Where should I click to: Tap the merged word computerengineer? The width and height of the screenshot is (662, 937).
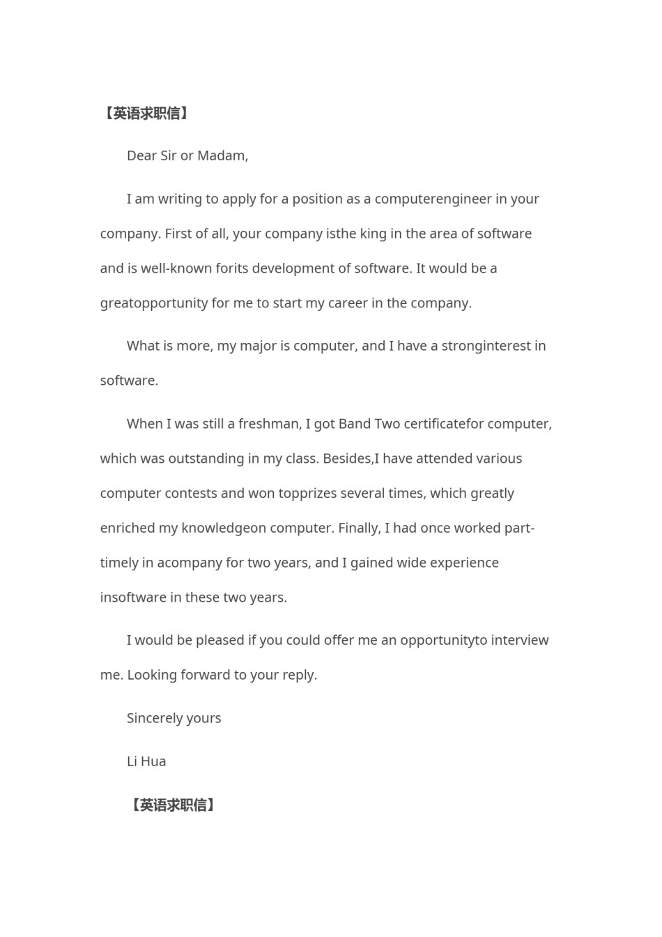(x=433, y=199)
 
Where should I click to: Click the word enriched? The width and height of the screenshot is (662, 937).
(x=128, y=528)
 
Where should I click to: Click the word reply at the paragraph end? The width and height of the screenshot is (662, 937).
(x=299, y=675)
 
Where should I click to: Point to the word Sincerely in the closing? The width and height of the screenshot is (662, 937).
(x=154, y=718)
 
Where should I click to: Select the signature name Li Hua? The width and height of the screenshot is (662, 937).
(x=146, y=761)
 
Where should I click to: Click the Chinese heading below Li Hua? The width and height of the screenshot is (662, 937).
(x=173, y=805)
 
